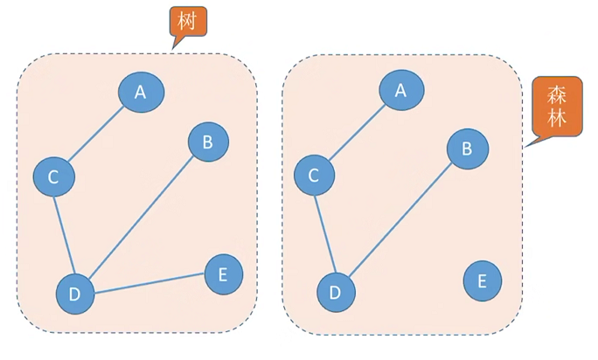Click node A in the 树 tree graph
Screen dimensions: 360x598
pyautogui.click(x=140, y=92)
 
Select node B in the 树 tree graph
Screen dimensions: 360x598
pyautogui.click(x=207, y=142)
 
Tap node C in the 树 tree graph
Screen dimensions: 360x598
pyautogui.click(x=53, y=177)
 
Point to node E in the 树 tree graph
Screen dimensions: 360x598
pyautogui.click(x=223, y=275)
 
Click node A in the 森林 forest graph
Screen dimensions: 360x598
pyautogui.click(x=401, y=89)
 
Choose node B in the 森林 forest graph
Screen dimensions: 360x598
pyautogui.click(x=468, y=149)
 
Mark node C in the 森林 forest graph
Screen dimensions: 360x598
pyautogui.click(x=315, y=176)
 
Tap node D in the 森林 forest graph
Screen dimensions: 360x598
pyautogui.click(x=336, y=292)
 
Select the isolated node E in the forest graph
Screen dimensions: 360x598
pyautogui.click(x=483, y=280)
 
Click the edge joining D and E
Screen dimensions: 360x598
pyautogui.click(x=149, y=284)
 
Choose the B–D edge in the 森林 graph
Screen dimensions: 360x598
pyautogui.click(x=402, y=219)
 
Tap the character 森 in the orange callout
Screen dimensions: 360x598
pyautogui.click(x=557, y=94)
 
